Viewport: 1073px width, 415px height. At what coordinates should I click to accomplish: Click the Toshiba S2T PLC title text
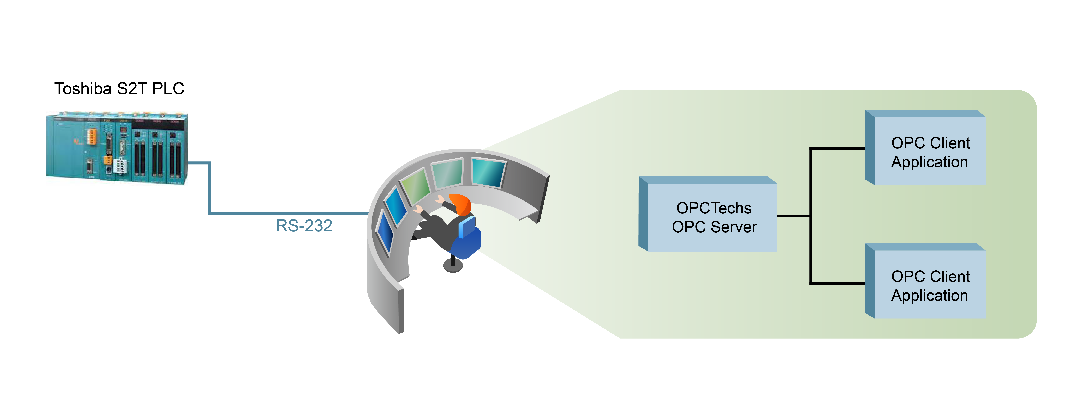point(119,89)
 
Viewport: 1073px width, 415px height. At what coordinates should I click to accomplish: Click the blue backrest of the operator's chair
point(467,227)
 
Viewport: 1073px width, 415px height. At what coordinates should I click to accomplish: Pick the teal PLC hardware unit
point(117,148)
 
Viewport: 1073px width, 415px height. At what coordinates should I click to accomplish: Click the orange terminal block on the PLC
point(92,137)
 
